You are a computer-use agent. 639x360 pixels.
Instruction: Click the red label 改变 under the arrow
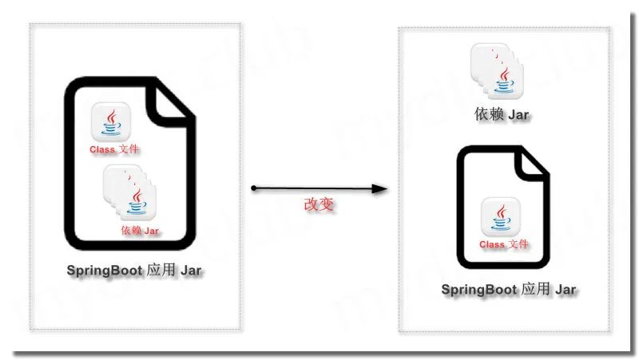[x=318, y=204]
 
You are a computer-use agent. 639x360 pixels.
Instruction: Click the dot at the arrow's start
[x=253, y=188]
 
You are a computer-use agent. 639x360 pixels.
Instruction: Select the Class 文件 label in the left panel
[x=116, y=149]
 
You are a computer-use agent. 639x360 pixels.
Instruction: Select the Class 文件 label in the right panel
[x=503, y=243]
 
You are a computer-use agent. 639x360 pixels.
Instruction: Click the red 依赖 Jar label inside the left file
[x=141, y=231]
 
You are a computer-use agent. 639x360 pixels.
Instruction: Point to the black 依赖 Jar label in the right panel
[x=502, y=115]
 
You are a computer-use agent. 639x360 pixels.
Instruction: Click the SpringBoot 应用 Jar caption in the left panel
[x=134, y=270]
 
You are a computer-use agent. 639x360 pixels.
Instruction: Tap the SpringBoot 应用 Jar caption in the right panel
[x=509, y=289]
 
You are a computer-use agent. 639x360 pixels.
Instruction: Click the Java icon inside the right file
[x=502, y=217]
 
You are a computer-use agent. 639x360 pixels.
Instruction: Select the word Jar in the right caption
[x=566, y=289]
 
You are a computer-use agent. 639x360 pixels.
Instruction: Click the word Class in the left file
[x=102, y=149]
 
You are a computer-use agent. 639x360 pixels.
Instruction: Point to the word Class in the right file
[x=491, y=243]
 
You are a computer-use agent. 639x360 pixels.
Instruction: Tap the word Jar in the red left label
[x=151, y=231]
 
